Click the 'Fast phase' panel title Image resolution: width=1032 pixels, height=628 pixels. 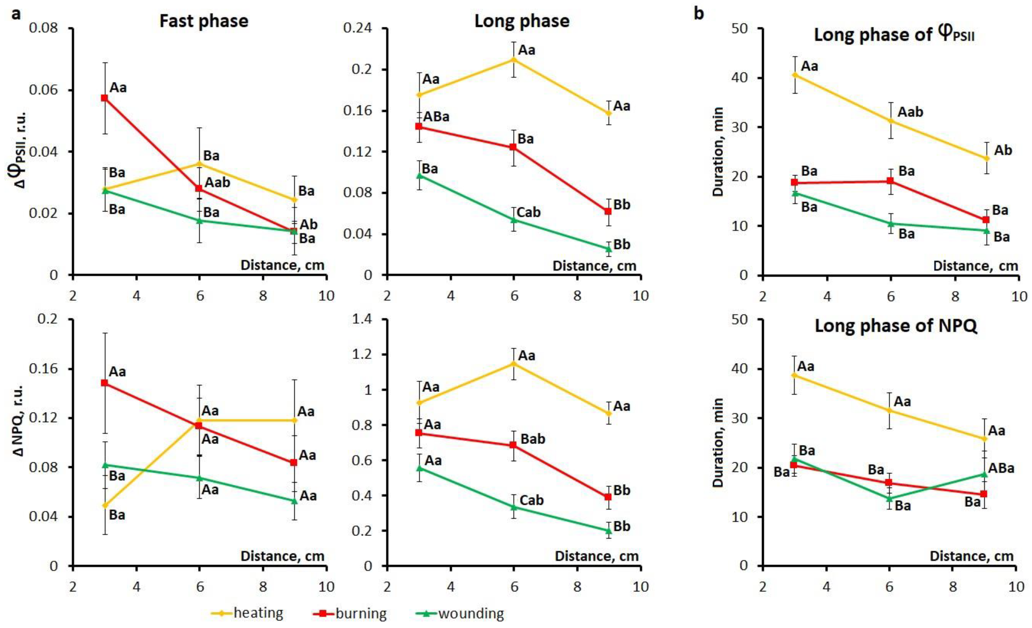point(204,21)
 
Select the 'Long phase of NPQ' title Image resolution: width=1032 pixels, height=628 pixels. point(896,326)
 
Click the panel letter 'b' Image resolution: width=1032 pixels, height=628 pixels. point(699,14)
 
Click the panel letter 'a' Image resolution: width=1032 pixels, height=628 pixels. point(16,14)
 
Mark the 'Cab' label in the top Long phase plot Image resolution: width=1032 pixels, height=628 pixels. point(529,212)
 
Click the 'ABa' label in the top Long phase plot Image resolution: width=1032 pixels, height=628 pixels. point(436,116)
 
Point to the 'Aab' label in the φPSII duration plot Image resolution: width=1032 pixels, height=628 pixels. point(910,112)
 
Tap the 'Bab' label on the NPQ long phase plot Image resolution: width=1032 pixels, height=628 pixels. point(533,439)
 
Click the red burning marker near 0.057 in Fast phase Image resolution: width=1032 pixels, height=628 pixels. point(105,98)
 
